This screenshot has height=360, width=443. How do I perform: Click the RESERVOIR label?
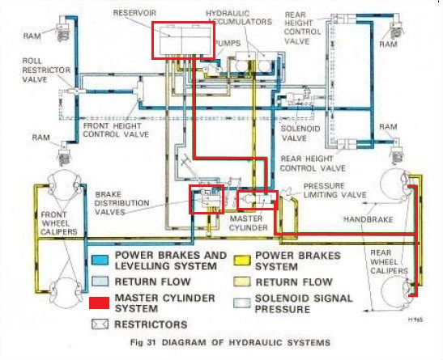click(x=134, y=13)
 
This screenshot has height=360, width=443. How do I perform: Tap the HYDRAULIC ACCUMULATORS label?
click(x=239, y=18)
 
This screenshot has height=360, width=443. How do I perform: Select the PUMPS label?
click(x=228, y=43)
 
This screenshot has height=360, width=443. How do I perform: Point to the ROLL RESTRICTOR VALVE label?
click(x=46, y=70)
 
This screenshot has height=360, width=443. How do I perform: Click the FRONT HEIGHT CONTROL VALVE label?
click(x=116, y=130)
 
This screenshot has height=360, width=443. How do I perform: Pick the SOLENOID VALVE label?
click(x=300, y=133)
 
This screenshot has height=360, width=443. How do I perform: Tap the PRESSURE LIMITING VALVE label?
click(x=334, y=190)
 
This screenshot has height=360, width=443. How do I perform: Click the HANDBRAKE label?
click(x=368, y=219)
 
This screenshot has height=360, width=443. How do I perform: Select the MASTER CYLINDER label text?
click(x=248, y=223)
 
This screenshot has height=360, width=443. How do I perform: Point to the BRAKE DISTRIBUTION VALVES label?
click(x=121, y=203)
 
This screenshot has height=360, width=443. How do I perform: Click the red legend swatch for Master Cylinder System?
click(x=99, y=303)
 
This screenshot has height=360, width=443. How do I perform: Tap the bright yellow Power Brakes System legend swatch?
click(x=242, y=260)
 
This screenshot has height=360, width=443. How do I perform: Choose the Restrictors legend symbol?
click(x=100, y=324)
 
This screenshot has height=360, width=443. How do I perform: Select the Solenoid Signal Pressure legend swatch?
click(x=242, y=303)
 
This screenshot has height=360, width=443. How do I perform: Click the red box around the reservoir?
click(x=152, y=40)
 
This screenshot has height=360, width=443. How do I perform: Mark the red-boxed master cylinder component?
click(x=257, y=200)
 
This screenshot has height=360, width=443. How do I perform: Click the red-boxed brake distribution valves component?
click(x=207, y=199)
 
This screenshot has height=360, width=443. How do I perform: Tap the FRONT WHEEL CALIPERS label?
click(x=58, y=223)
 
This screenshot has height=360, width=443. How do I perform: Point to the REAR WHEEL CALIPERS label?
click(x=389, y=261)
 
